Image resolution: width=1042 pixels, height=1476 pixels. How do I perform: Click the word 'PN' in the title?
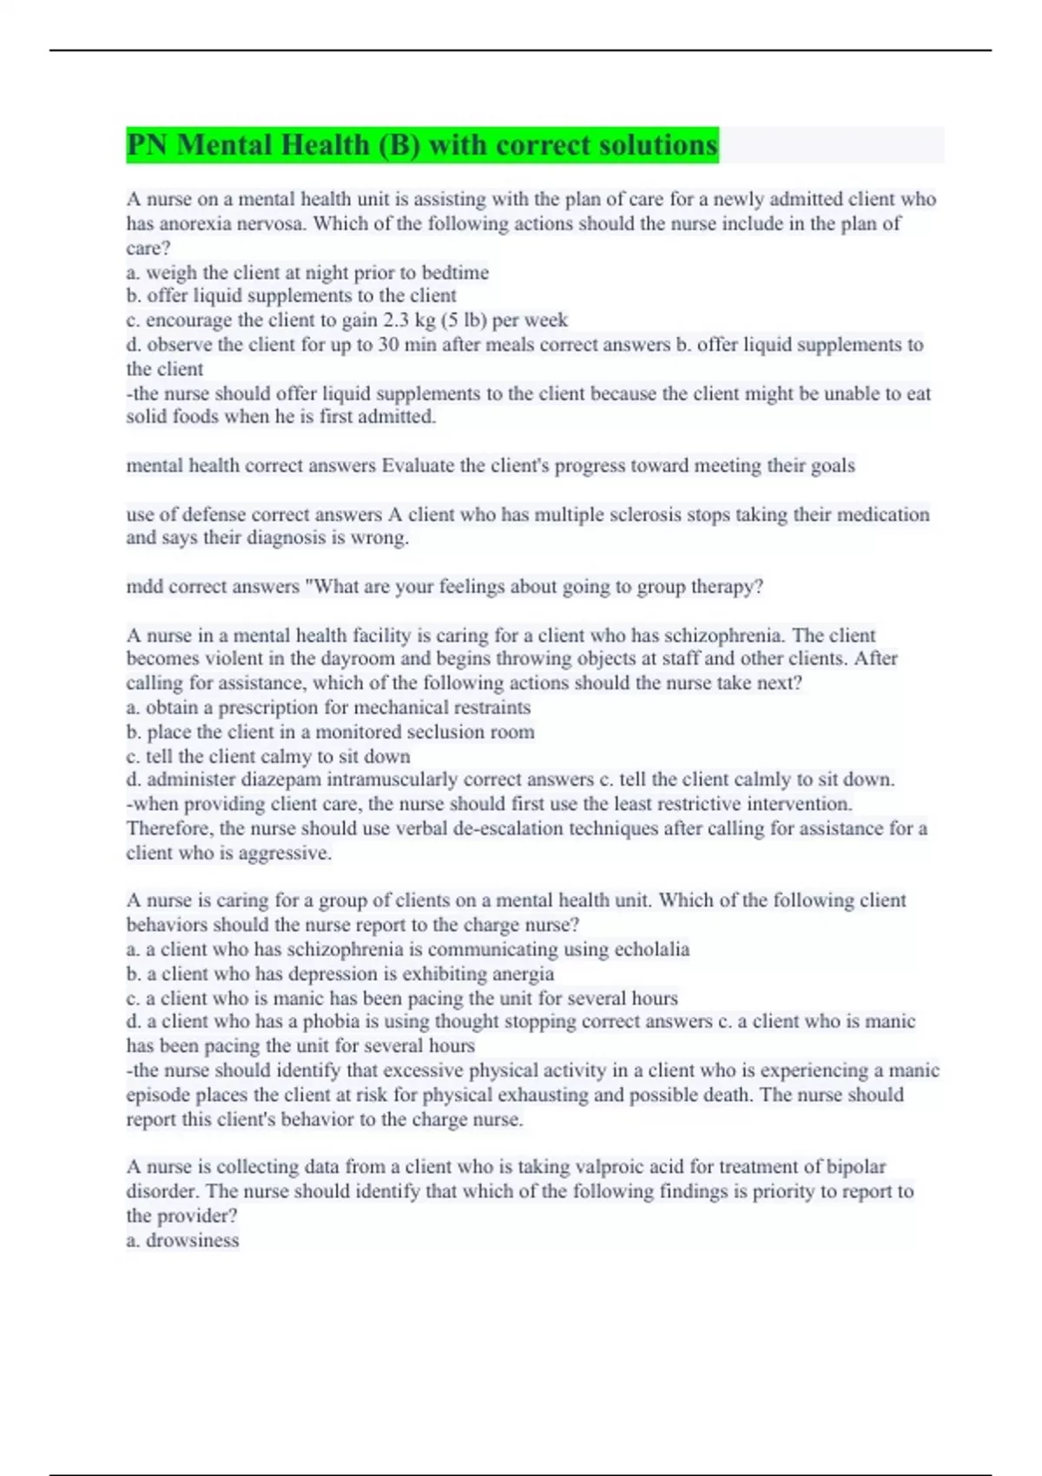pyautogui.click(x=148, y=145)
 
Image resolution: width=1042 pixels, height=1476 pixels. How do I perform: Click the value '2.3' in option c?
pyautogui.click(x=397, y=320)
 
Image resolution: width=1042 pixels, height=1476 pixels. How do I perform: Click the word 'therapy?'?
pyautogui.click(x=726, y=587)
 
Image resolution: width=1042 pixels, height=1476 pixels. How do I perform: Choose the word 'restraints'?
pyautogui.click(x=490, y=708)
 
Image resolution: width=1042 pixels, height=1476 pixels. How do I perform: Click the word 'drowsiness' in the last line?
pyautogui.click(x=192, y=1241)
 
